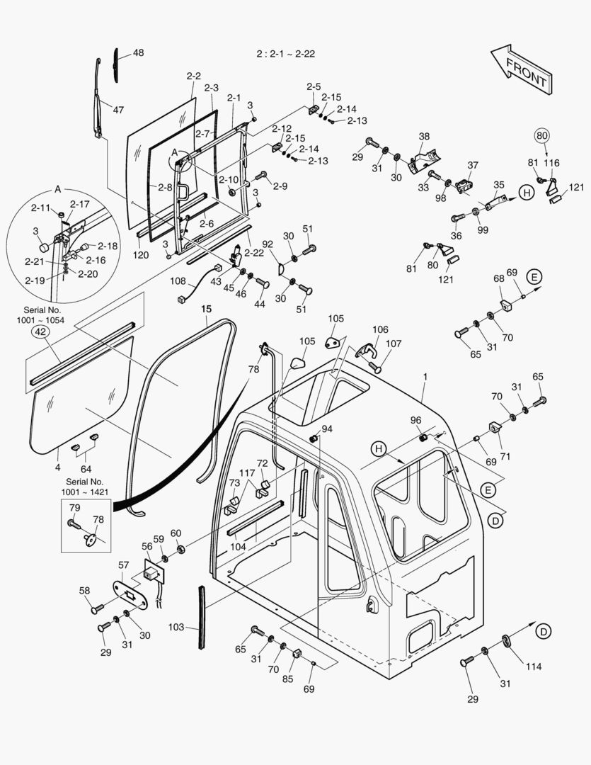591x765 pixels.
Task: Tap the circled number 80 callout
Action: [x=541, y=136]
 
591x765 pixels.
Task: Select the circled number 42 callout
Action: [x=40, y=331]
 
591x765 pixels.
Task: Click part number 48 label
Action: [x=138, y=53]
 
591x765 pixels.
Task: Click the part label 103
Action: [x=176, y=627]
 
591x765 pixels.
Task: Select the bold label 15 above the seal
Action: [x=206, y=309]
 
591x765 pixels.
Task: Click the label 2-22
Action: [x=254, y=252]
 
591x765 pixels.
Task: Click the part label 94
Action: [x=326, y=429]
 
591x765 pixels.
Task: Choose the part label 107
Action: [x=394, y=344]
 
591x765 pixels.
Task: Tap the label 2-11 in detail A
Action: [x=40, y=208]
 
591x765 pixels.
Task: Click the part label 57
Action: [x=123, y=565]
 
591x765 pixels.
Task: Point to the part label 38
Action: [x=424, y=136]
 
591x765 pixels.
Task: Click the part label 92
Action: [x=268, y=245]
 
